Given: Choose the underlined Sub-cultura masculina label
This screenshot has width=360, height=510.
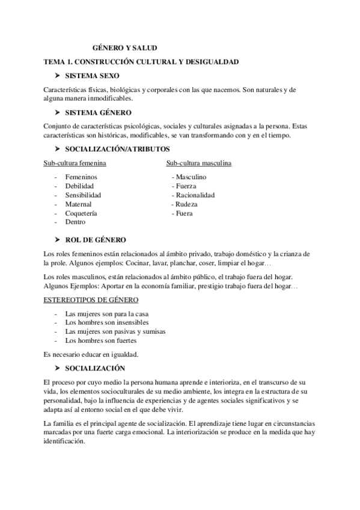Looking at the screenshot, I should pyautogui.click(x=200, y=163).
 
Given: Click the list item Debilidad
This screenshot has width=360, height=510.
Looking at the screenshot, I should pyautogui.click(x=80, y=186).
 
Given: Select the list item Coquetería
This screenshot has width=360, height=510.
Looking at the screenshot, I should pyautogui.click(x=81, y=213).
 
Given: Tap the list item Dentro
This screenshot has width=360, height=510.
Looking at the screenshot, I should pyautogui.click(x=75, y=222).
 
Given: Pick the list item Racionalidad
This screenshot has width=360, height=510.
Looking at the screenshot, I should pyautogui.click(x=195, y=195).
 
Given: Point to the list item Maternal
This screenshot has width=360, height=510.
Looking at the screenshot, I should pyautogui.click(x=78, y=204).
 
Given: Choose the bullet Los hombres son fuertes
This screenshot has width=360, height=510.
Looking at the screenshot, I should pyautogui.click(x=100, y=340).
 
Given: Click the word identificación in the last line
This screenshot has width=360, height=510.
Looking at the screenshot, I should pyautogui.click(x=65, y=439).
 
